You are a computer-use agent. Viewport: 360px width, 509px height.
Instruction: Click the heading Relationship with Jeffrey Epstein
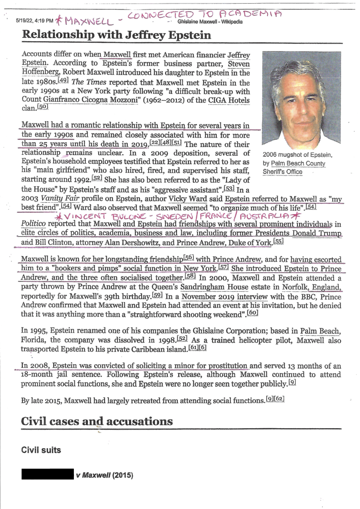pyautogui.click(x=117, y=34)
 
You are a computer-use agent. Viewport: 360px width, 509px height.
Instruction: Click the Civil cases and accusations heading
pyautogui.click(x=97, y=421)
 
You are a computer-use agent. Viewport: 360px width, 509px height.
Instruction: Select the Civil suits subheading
pyautogui.click(x=41, y=450)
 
